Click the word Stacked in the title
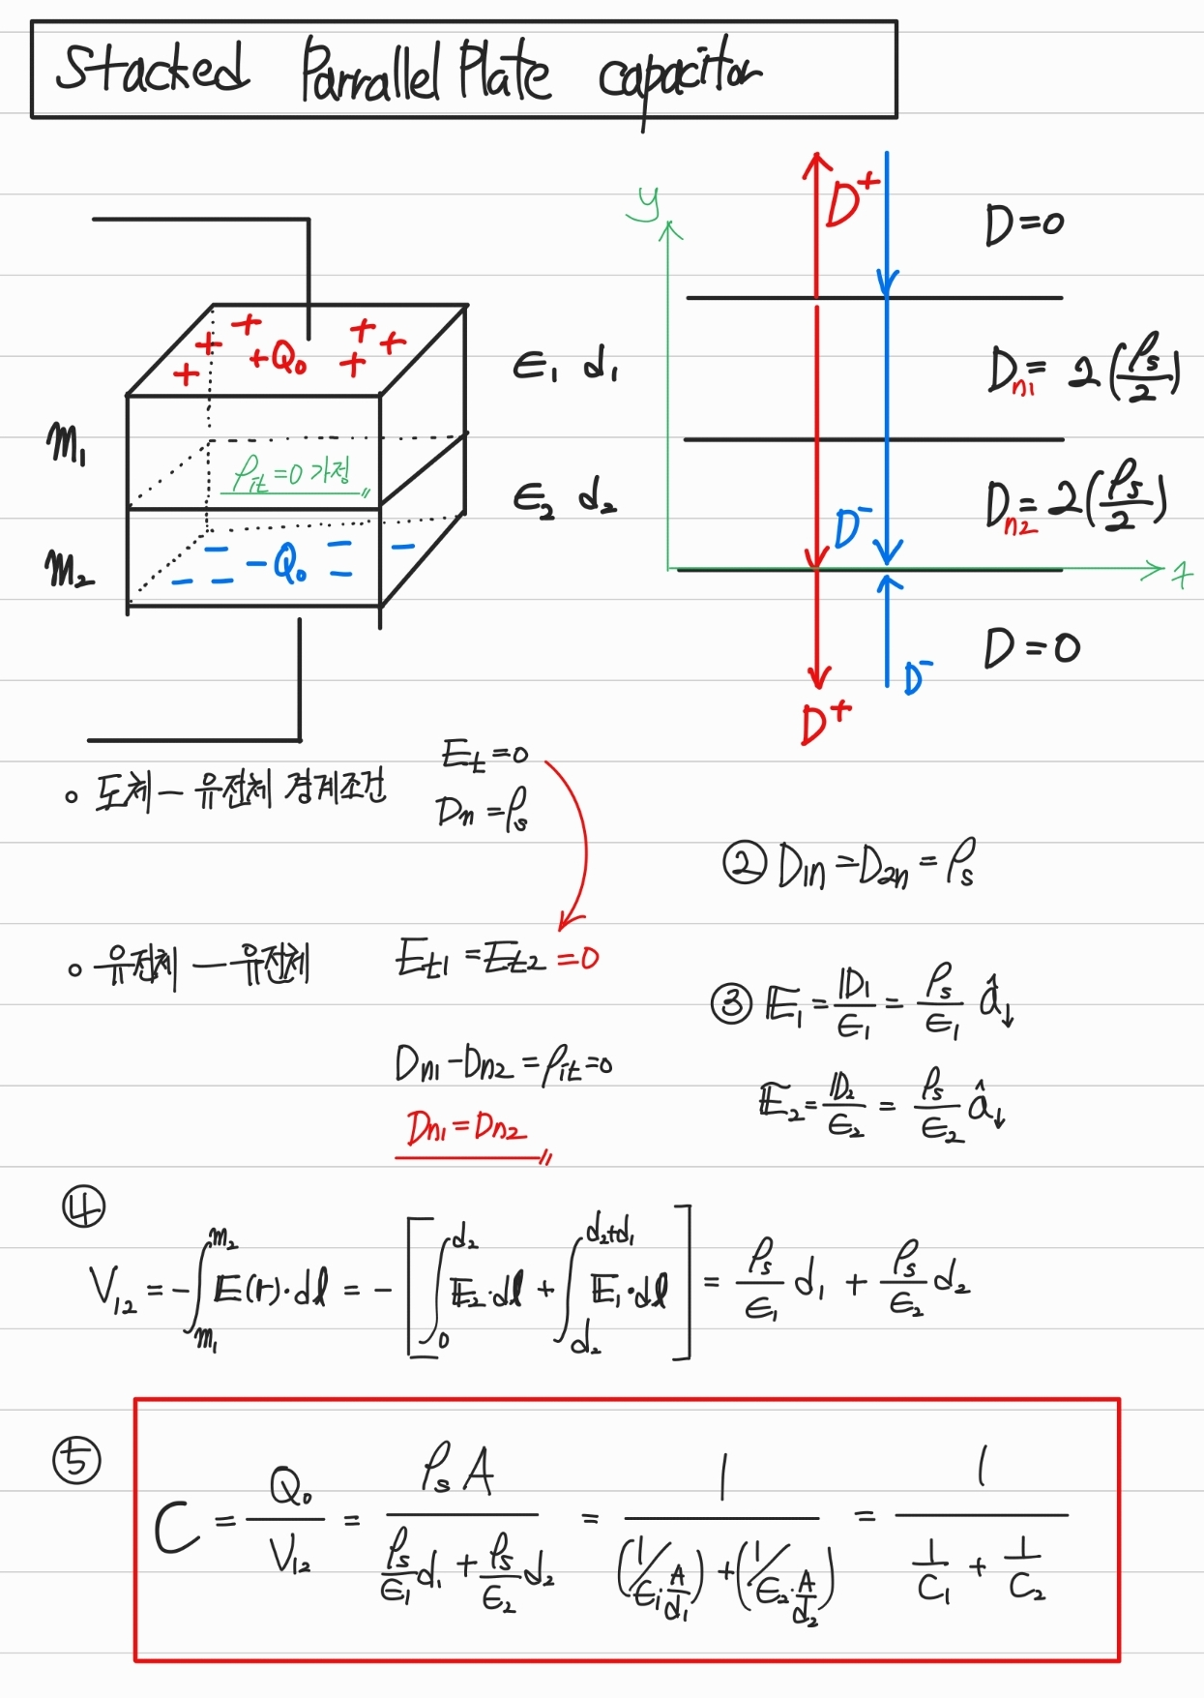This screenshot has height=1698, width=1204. click(x=152, y=68)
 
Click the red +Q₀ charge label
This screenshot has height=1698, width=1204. click(x=278, y=359)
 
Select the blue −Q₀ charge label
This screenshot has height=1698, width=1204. click(x=277, y=563)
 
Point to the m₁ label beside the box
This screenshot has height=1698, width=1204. click(x=66, y=445)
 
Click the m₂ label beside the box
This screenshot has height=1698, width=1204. click(x=69, y=569)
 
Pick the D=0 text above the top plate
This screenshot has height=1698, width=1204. click(x=1024, y=224)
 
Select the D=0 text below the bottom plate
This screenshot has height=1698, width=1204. click(x=1031, y=647)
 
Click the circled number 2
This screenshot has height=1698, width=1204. click(x=745, y=864)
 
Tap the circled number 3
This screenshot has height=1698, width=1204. click(x=732, y=1003)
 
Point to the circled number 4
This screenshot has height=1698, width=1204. click(x=84, y=1206)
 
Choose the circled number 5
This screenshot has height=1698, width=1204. click(x=77, y=1460)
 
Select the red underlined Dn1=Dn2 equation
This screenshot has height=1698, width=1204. click(x=467, y=1127)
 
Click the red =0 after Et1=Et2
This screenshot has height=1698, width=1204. click(x=578, y=959)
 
